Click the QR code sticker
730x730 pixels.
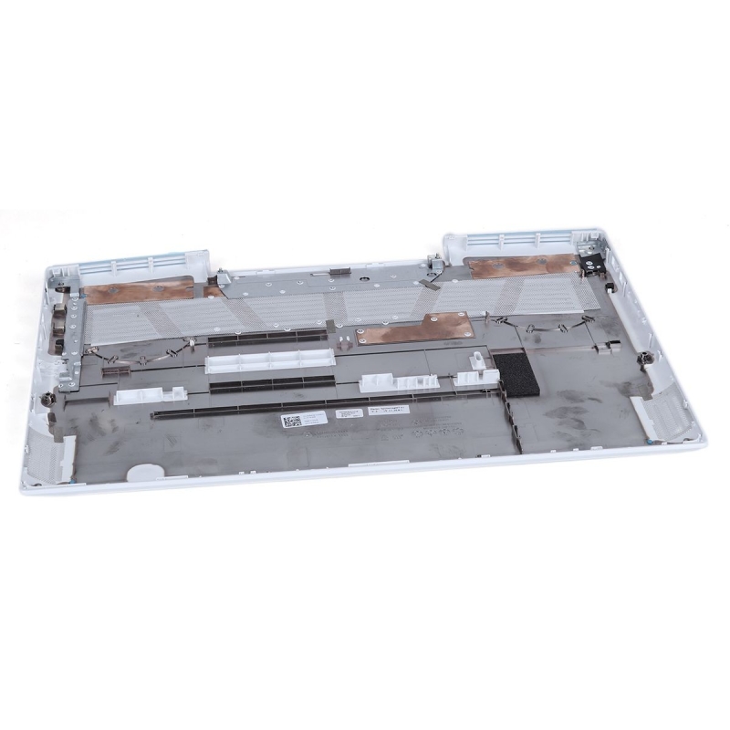click(291, 420)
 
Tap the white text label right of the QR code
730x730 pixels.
click(349, 413)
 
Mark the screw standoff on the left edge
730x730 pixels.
click(45, 398)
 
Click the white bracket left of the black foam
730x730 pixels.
click(392, 382)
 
